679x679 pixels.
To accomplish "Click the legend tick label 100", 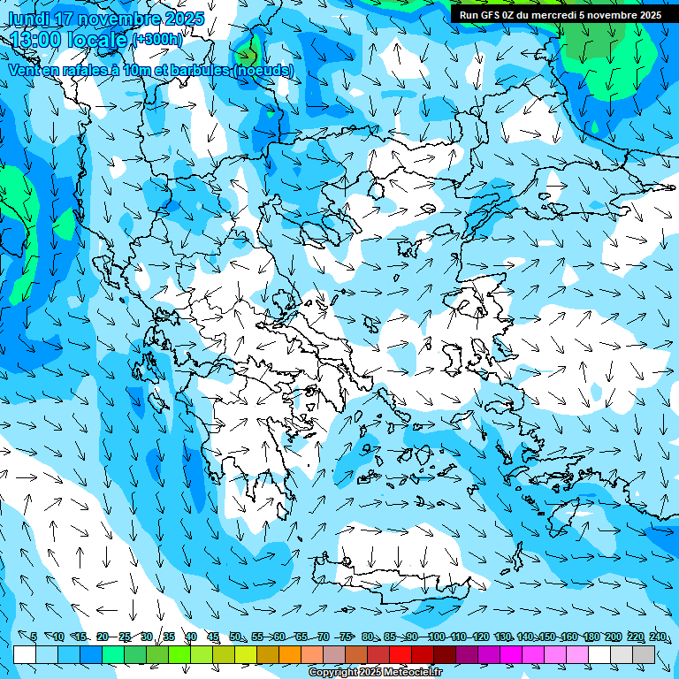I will pyautogui.click(x=437, y=637).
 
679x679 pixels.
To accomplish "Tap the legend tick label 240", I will pyautogui.click(x=657, y=637).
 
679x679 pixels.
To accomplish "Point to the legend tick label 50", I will pyautogui.click(x=235, y=637).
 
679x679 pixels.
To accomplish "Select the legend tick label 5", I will pyautogui.click(x=34, y=637).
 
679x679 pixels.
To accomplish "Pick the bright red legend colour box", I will pyautogui.click(x=401, y=654).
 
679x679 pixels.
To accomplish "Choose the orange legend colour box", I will pyautogui.click(x=290, y=654).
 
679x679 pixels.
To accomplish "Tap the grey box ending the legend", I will pyautogui.click(x=644, y=654).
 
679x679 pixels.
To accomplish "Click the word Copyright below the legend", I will pyautogui.click(x=332, y=673).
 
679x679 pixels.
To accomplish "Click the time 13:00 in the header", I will pyautogui.click(x=39, y=40).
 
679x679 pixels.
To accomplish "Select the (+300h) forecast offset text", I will pyautogui.click(x=158, y=40).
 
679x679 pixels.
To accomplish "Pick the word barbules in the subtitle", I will pyautogui.click(x=199, y=70).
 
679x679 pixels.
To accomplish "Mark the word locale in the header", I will pyautogui.click(x=98, y=40).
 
